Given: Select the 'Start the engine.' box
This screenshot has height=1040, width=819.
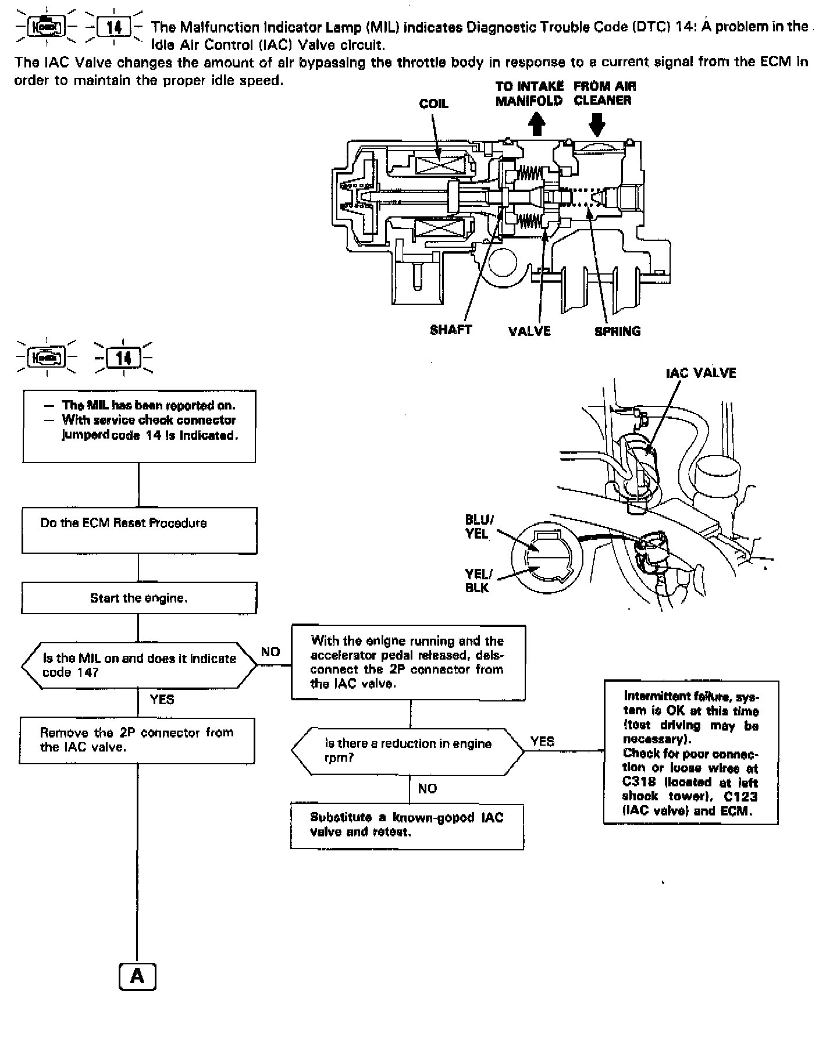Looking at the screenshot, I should (138, 598).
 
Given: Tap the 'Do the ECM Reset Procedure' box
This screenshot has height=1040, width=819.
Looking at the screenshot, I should (139, 530).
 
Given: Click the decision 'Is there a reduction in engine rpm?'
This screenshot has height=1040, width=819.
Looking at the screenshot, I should (407, 751).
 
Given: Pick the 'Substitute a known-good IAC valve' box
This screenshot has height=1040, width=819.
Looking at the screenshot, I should (407, 826).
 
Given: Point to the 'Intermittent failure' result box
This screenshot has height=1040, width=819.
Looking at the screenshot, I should (690, 753).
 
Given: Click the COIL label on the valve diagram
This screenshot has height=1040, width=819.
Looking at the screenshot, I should (433, 104).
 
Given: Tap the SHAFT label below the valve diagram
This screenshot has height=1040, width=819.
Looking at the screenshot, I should (451, 330).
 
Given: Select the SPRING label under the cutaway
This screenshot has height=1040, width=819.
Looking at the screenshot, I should (617, 332).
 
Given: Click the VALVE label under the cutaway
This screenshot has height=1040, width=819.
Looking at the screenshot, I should (529, 332).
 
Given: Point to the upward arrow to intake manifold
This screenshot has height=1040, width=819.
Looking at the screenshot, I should (537, 123).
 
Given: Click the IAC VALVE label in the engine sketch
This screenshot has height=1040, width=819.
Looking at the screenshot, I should (700, 373).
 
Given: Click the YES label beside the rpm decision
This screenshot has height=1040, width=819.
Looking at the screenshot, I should (542, 741).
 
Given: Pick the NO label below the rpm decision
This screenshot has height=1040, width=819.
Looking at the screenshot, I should (427, 789).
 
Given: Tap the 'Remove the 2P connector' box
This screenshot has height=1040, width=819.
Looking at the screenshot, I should (137, 740).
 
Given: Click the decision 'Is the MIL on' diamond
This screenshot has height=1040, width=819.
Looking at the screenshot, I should (138, 665).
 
